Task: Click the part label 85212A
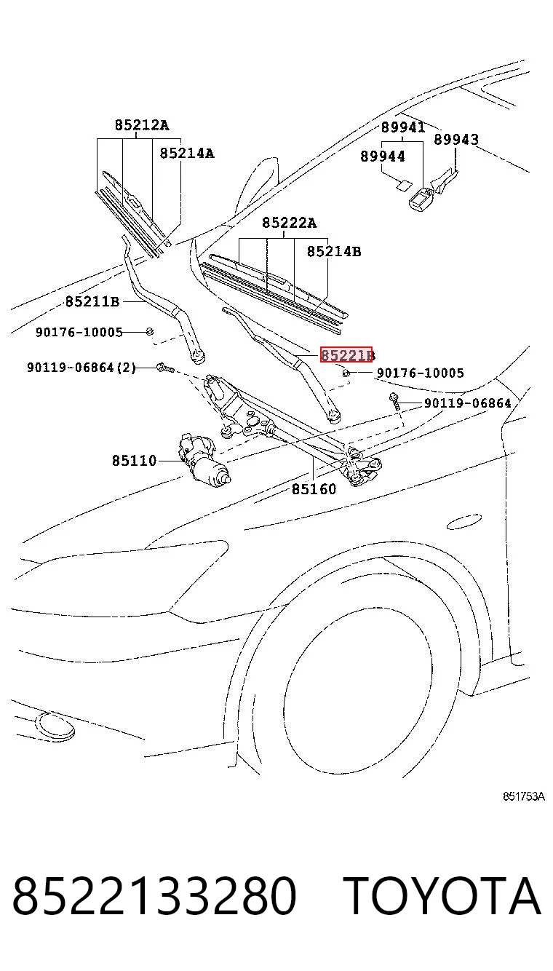[142, 125]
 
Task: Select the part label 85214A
[187, 153]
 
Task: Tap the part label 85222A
[289, 223]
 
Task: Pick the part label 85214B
[334, 251]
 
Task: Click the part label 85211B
[92, 301]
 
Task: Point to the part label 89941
[403, 127]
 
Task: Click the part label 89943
[456, 139]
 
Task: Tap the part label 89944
[383, 156]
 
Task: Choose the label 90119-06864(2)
[81, 368]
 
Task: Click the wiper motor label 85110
[135, 460]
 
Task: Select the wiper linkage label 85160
[314, 489]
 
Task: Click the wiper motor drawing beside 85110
[204, 458]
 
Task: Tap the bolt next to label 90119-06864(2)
[166, 368]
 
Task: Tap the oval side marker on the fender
[464, 522]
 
